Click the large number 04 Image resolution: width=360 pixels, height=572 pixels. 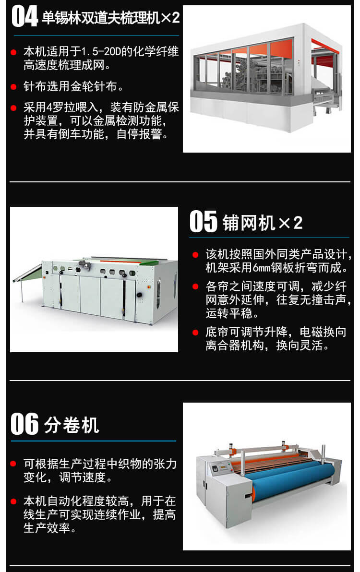(24, 18)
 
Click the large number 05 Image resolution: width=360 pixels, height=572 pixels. (204, 221)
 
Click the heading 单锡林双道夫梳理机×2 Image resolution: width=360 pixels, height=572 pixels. (111, 18)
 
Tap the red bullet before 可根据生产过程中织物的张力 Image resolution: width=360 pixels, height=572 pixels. (13, 464)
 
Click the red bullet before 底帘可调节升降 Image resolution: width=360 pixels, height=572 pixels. (195, 333)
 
